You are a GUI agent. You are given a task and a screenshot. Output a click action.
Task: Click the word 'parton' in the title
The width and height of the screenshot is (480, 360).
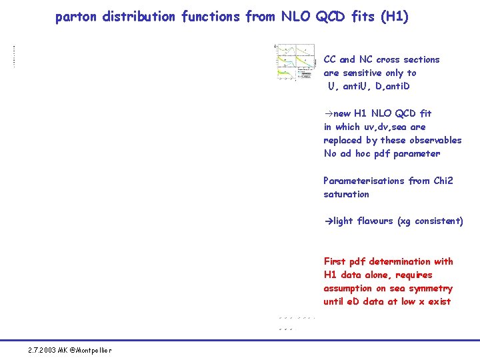(76, 17)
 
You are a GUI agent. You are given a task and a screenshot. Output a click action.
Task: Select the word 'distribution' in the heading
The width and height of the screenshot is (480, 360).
(139, 17)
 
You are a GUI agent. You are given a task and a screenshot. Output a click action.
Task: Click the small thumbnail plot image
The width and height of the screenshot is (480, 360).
(295, 62)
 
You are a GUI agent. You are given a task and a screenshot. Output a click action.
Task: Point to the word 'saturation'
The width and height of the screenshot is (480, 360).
(346, 194)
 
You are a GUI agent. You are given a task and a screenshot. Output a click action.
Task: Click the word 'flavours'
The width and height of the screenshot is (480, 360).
(375, 221)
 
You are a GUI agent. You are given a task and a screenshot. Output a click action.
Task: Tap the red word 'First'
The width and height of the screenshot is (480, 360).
(336, 261)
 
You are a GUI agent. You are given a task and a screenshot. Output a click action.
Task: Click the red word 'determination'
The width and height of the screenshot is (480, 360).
(401, 261)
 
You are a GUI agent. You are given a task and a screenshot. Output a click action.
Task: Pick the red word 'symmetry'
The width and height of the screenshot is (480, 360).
(431, 289)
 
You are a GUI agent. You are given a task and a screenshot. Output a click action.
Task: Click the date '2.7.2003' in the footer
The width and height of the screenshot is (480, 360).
(42, 350)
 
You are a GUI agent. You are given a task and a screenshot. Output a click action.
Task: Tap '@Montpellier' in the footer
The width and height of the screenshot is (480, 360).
(91, 350)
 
